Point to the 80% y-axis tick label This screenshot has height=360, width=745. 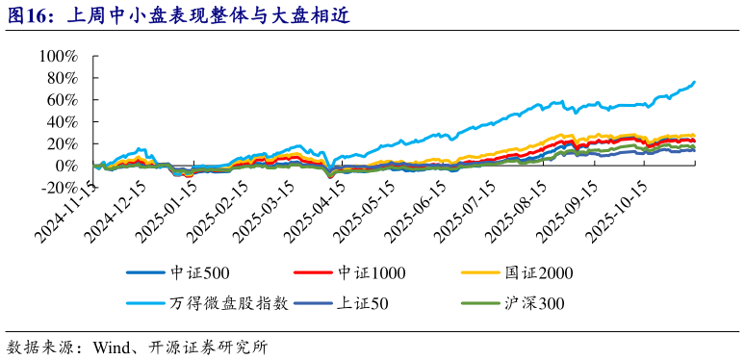(60, 78)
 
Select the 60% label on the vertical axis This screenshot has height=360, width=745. (60, 100)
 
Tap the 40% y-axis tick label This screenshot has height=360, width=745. (60, 122)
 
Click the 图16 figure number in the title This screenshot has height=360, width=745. (29, 16)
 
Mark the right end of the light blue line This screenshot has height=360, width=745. (695, 82)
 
